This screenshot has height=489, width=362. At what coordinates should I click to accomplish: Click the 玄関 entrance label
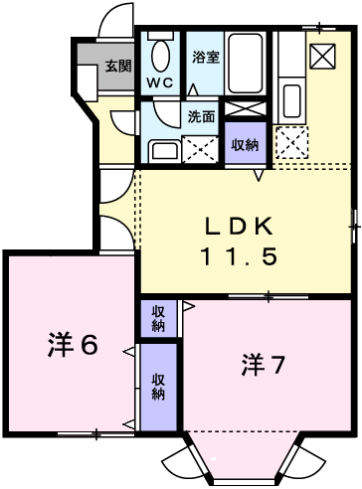118,67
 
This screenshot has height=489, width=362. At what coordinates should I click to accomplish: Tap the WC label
160,82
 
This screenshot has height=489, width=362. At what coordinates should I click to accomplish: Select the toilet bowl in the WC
161,56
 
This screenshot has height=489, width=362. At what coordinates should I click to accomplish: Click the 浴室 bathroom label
206,58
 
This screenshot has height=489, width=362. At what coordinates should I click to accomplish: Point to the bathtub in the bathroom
246,63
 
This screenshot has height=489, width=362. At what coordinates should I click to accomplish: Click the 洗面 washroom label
201,116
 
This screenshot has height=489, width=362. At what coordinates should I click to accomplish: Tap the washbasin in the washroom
165,152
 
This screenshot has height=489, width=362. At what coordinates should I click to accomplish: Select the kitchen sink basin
292,101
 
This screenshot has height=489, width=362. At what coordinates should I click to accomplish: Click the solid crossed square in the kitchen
322,56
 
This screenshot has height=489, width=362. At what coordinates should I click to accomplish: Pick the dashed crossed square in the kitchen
291,142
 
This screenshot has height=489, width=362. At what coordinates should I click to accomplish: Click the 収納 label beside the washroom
245,145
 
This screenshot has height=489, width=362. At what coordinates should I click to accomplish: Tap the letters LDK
239,226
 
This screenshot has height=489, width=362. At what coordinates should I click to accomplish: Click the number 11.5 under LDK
239,256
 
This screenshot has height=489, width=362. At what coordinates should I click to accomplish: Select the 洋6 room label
73,344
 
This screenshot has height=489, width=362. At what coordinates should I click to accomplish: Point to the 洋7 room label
263,365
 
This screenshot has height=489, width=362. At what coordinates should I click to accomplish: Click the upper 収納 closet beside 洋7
158,319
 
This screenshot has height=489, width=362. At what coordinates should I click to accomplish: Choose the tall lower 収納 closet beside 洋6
158,387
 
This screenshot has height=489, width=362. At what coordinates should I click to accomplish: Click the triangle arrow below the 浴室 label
193,90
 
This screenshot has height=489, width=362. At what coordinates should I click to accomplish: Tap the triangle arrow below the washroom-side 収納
259,175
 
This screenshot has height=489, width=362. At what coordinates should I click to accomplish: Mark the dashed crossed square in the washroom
200,150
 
